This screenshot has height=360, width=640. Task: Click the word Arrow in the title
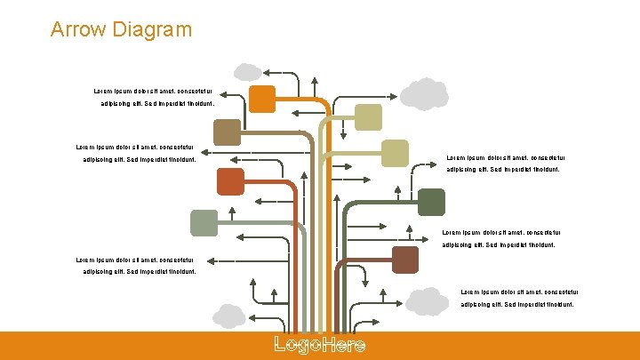click(79, 29)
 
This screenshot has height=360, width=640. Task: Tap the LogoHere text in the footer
click(319, 346)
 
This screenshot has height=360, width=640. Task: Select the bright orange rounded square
click(262, 99)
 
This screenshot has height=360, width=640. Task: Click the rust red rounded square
click(229, 180)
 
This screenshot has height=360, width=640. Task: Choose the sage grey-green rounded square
click(204, 222)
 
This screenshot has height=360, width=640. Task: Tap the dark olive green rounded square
click(431, 202)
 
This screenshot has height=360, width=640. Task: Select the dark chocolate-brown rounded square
click(405, 260)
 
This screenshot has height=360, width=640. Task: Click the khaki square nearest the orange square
click(368, 117)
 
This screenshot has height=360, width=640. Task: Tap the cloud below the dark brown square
click(428, 301)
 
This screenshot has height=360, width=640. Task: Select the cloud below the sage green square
click(228, 316)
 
